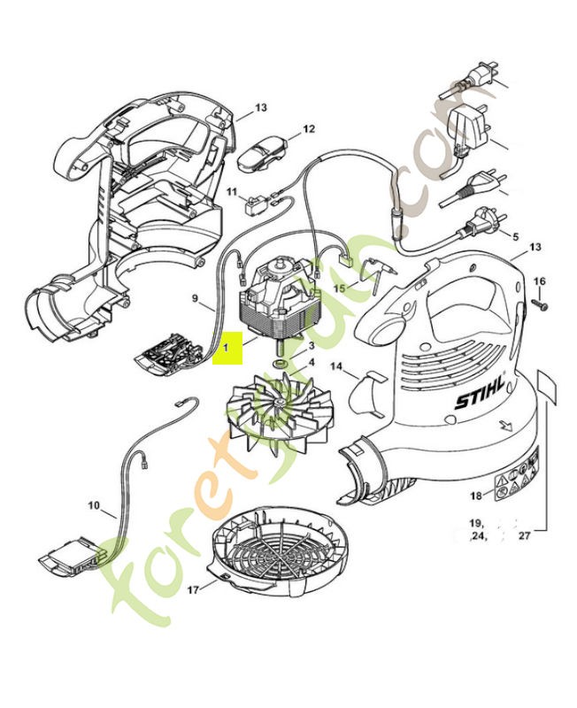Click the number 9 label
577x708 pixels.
click(x=196, y=298)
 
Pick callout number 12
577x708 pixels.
click(x=308, y=129)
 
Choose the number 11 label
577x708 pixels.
click(x=232, y=192)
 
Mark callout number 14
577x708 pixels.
click(x=336, y=366)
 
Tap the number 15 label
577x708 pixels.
click(x=339, y=289)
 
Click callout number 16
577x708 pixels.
click(x=541, y=281)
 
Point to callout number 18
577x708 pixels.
click(x=475, y=496)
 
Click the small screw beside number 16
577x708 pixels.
click(x=539, y=304)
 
